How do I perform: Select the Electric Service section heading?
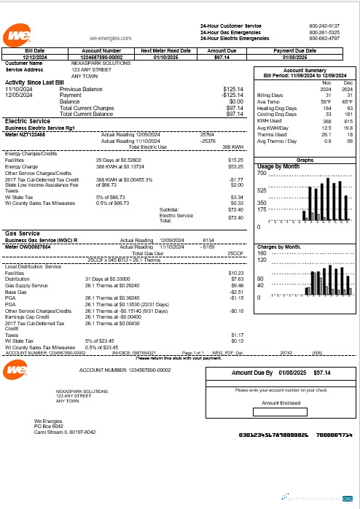[27, 121]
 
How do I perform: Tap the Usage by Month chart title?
[278, 166]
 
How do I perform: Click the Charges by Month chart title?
[280, 247]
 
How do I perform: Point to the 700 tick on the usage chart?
[262, 173]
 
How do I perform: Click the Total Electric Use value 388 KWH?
[232, 147]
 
